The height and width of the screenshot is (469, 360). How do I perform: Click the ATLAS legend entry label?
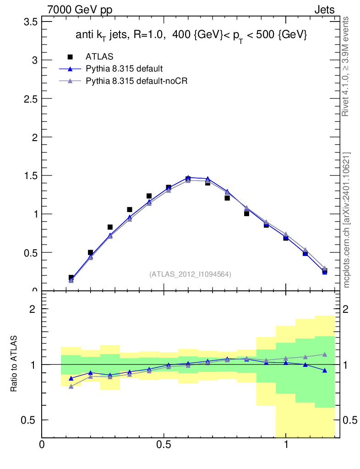[x=99, y=57]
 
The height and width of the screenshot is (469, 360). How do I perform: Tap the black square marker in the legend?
[x=70, y=57]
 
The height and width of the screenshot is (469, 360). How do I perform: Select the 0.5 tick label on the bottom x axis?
[x=164, y=444]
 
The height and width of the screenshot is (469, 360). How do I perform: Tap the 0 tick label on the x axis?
[x=42, y=444]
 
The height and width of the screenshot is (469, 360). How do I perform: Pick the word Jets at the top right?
[x=324, y=10]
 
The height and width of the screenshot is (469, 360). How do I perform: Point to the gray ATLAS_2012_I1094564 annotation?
[x=190, y=274]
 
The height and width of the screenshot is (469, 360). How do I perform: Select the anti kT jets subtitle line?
[x=191, y=35]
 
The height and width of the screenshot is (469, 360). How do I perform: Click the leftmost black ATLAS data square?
[x=71, y=278]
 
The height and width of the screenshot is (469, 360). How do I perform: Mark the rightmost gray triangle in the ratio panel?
[x=324, y=354]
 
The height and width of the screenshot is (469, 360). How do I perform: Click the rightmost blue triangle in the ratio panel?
[x=324, y=370]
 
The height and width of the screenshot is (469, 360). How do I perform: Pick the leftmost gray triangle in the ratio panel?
[x=71, y=387]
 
